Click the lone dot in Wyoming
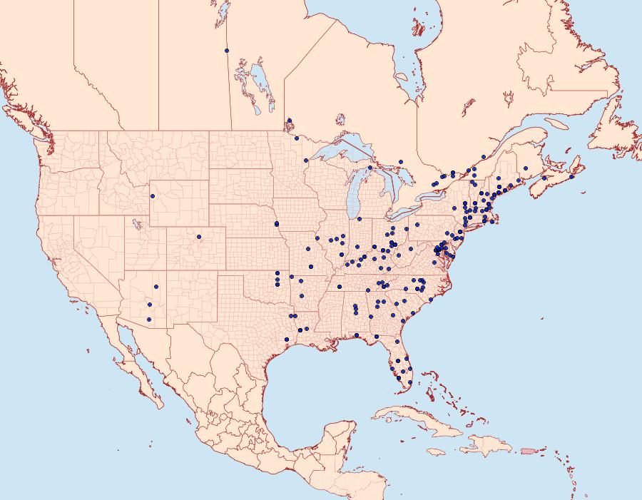point(153,196)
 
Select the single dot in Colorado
point(199,236)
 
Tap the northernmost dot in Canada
point(226,51)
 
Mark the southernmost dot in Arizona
point(149,320)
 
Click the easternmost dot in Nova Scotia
point(571,176)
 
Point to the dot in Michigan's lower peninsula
point(360,219)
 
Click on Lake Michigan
point(354,196)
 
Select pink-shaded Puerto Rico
point(529,451)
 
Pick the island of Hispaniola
point(485,446)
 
